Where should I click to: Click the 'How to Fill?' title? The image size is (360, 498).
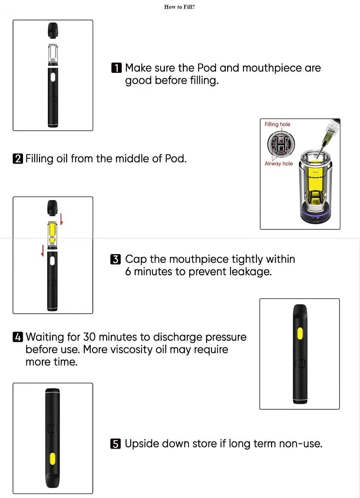coord(179,7)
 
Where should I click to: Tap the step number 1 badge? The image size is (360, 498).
coord(116,68)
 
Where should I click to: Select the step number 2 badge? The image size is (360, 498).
coord(18,159)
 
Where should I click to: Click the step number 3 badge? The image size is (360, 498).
coord(115,259)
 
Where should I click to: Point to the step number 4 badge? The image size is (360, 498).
coord(18,337)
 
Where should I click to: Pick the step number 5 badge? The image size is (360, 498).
coord(115,444)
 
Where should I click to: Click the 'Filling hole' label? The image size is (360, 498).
coord(277,124)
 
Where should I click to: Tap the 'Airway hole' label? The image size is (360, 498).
coord(278,164)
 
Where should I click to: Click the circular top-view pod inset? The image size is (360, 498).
coord(281,144)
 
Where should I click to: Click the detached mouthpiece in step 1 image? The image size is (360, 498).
coord(53,30)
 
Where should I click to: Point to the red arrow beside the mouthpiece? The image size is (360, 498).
coord(62,218)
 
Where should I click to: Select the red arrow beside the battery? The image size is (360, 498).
coord(43,250)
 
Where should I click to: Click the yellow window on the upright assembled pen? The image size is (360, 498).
coord(300,333)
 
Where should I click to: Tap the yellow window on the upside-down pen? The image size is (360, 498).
coord(52,459)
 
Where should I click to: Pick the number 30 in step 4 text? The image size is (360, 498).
coord(89,337)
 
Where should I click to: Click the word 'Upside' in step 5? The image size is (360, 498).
coord(140,444)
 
